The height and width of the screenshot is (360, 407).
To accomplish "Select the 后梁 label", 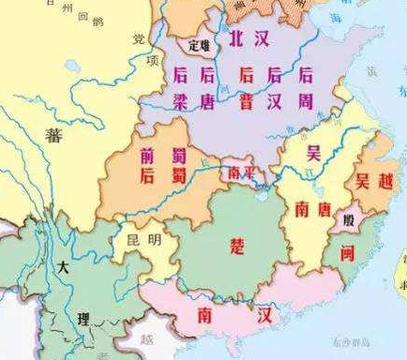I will click(x=180, y=85).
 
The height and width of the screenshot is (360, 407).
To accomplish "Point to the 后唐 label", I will click(x=207, y=85).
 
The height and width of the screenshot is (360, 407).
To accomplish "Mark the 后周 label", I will click(x=305, y=85).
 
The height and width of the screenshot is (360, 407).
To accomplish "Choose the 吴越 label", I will click(x=363, y=182).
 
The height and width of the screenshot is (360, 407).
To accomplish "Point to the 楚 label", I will click(x=235, y=246).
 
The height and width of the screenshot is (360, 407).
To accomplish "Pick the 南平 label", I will click(x=238, y=172).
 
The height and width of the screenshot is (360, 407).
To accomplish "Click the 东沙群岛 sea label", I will click(x=352, y=344).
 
